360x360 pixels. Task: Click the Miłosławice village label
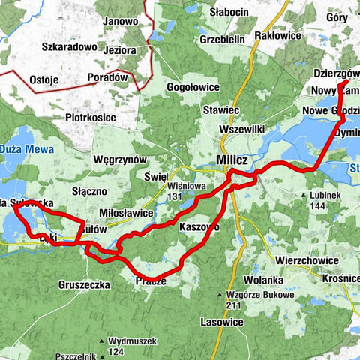click(x=127, y=213)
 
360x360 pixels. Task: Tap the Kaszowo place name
click(x=199, y=226)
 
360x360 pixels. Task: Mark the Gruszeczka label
click(x=84, y=284)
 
